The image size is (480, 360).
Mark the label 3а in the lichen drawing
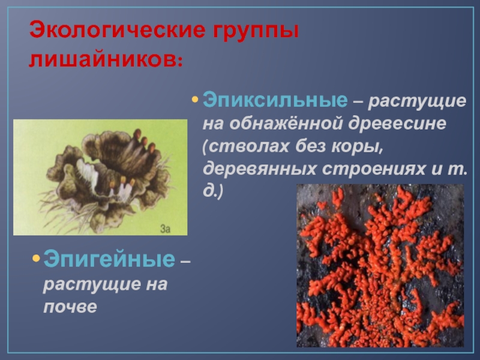pyautogui.click(x=166, y=228)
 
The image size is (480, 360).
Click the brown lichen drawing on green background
pyautogui.click(x=100, y=177)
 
